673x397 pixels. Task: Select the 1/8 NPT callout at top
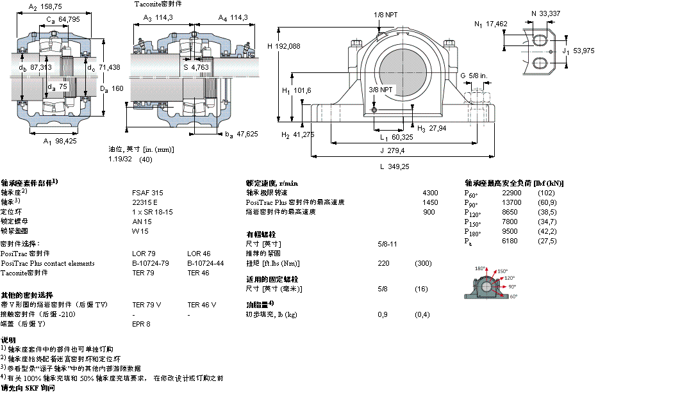[x=385, y=14]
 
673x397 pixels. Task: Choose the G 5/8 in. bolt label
[x=474, y=76]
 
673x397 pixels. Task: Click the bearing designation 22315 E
[x=144, y=202]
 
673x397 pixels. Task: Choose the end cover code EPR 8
[x=141, y=324]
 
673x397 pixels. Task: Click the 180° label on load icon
[x=480, y=268]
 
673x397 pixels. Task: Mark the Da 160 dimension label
[x=112, y=88]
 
